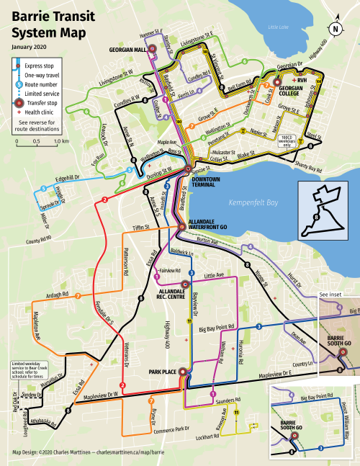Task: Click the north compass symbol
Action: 335,29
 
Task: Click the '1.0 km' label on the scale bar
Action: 60,141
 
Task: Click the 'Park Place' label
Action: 163,372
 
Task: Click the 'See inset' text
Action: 332,295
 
